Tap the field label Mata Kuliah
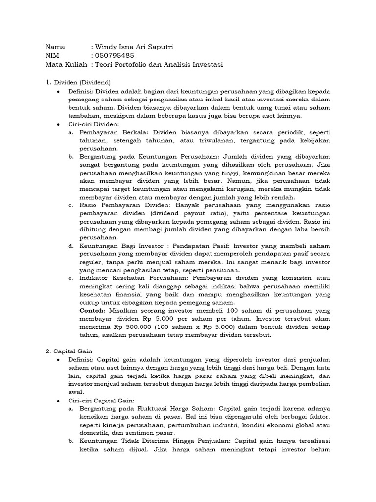click(x=66, y=65)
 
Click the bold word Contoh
click(x=92, y=311)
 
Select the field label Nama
click(x=55, y=47)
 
